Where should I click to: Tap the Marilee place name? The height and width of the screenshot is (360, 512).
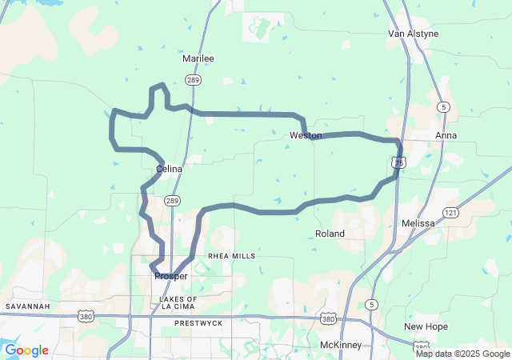198,58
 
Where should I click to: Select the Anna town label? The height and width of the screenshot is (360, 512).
446,135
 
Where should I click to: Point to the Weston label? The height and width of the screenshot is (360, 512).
306,135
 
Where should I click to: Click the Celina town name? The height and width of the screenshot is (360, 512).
170,169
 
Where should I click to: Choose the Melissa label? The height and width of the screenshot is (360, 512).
418,223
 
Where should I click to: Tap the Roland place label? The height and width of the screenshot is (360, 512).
330,234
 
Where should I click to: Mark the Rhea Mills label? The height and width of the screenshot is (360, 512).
232,256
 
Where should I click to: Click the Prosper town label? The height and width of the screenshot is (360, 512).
171,276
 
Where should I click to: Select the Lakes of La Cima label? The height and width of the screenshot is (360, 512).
173,302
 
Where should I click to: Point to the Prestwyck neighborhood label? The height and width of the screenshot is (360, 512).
198,323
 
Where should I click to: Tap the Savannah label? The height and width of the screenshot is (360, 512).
28,306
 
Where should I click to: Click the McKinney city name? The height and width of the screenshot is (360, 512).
341,345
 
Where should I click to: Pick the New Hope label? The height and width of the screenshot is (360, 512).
426,326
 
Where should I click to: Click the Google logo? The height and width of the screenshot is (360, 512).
26,350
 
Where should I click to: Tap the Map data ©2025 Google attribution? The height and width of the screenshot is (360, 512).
462,354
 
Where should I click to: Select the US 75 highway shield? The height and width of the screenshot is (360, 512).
399,162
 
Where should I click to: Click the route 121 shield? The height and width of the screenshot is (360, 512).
451,212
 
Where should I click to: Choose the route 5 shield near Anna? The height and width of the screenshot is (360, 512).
442,106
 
